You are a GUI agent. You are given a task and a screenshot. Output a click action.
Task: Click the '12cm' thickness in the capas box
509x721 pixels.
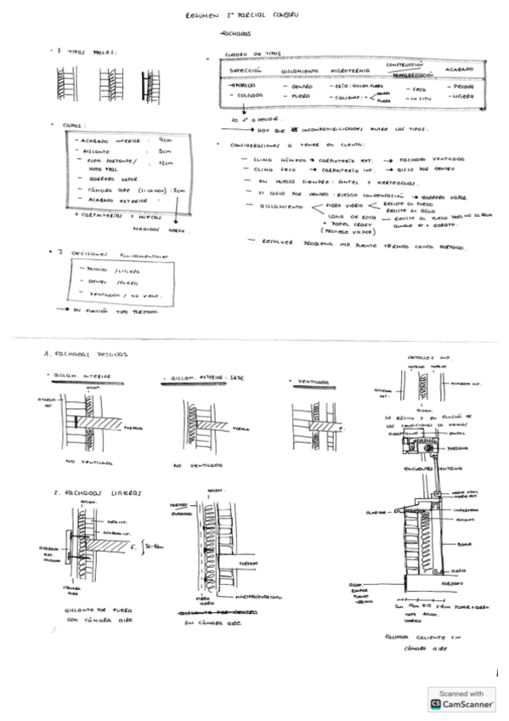[x=165, y=162]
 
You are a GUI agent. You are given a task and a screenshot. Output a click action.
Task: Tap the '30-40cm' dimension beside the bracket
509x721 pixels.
[x=156, y=536]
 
